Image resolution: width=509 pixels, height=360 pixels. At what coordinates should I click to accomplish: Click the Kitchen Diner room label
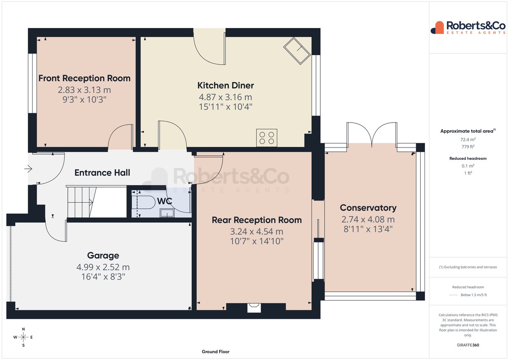tap(225, 86)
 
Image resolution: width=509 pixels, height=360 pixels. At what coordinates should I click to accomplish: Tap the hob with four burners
tap(266, 138)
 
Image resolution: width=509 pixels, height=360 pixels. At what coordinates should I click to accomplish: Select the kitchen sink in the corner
tap(297, 50)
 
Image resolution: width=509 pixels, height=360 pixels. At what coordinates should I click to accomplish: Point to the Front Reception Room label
tap(84, 78)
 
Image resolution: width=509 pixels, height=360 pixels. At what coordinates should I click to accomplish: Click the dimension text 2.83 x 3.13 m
tap(84, 90)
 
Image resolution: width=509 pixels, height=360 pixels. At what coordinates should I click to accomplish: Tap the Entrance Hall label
tap(102, 173)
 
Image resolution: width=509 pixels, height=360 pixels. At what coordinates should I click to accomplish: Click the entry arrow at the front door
tap(28, 169)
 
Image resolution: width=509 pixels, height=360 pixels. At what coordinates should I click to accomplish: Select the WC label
tap(165, 201)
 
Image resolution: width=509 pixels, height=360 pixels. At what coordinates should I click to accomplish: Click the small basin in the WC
tap(167, 213)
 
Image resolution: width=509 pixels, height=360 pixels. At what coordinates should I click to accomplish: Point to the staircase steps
tap(81, 202)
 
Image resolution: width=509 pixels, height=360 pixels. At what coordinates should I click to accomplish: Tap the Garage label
tap(103, 256)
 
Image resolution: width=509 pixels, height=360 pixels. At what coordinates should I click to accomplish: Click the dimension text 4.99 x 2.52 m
tap(103, 267)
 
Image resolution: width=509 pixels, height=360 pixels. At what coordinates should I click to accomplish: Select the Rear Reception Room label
tap(257, 220)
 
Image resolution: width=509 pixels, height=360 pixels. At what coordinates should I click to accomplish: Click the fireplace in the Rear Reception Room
tap(254, 307)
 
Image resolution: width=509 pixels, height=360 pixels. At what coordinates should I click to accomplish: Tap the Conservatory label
tap(368, 208)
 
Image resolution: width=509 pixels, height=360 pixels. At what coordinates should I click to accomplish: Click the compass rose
tap(23, 337)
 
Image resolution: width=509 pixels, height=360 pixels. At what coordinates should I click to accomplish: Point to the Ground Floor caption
tap(215, 352)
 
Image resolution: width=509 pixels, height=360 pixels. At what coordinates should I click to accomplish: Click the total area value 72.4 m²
tap(468, 140)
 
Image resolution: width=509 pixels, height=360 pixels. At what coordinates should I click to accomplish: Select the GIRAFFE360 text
tap(468, 345)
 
